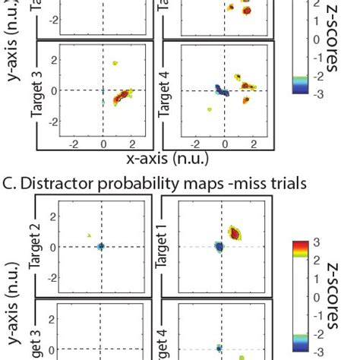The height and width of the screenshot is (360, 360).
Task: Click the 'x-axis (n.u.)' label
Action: (x=166, y=159)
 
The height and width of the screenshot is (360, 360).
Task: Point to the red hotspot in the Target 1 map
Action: (x=235, y=233)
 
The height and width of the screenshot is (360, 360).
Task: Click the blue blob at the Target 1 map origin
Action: (x=219, y=247)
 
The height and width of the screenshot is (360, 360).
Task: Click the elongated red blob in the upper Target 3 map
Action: (x=121, y=98)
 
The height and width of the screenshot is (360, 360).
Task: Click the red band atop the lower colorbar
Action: (x=301, y=246)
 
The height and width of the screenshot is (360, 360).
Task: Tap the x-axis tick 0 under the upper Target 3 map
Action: (x=103, y=144)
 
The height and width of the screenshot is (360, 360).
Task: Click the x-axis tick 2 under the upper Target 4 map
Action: (x=254, y=144)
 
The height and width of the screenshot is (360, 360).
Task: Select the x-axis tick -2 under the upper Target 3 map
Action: (x=72, y=144)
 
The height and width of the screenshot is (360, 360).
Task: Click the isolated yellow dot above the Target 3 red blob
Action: (x=115, y=63)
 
